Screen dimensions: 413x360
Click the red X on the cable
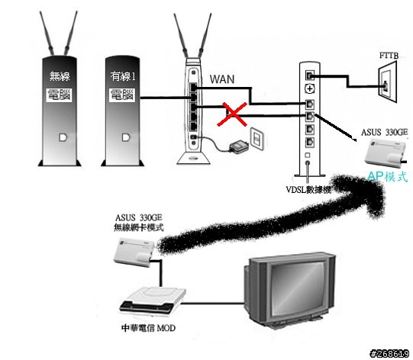click(x=232, y=114)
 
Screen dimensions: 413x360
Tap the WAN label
click(x=222, y=79)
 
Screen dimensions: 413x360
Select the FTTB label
click(x=389, y=56)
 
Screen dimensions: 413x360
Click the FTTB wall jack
click(x=388, y=82)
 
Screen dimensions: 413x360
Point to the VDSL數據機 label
click(x=308, y=190)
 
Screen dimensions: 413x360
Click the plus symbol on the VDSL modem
click(x=310, y=89)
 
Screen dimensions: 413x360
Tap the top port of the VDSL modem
click(x=310, y=76)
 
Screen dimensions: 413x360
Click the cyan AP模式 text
click(x=388, y=177)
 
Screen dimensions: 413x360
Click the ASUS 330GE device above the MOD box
click(x=134, y=252)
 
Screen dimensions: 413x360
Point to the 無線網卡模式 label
click(x=138, y=227)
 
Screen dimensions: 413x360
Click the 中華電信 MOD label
click(x=148, y=328)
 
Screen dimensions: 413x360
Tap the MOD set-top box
click(x=152, y=301)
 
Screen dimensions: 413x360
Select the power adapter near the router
click(x=239, y=146)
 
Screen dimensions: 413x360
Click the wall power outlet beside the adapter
click(x=257, y=138)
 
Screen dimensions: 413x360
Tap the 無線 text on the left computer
click(x=60, y=76)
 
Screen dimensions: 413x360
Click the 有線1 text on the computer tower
click(x=123, y=76)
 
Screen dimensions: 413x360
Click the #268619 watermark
click(x=390, y=354)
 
